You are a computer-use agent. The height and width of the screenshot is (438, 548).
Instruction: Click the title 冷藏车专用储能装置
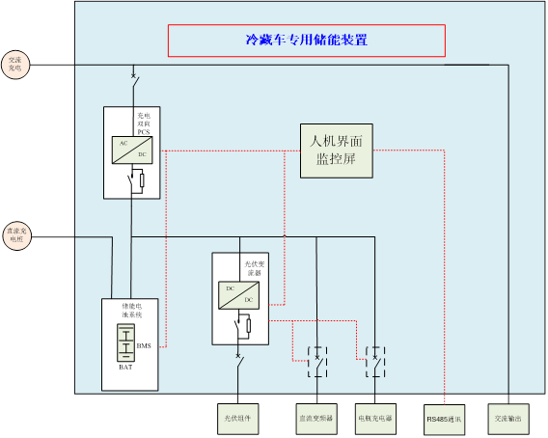[306, 41]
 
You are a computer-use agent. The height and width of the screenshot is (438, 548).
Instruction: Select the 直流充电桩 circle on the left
[17, 234]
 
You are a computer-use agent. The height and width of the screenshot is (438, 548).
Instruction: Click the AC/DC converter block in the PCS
[129, 149]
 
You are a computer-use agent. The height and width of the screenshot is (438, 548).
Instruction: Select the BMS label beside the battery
[144, 346]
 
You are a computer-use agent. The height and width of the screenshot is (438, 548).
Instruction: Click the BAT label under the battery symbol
[126, 368]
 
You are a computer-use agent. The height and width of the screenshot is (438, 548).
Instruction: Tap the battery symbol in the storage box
[126, 342]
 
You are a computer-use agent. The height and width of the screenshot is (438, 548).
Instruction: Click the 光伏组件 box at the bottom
[237, 419]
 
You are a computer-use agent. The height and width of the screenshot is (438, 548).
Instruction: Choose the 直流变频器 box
[315, 419]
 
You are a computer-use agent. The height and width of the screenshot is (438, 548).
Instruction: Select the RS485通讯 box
[444, 419]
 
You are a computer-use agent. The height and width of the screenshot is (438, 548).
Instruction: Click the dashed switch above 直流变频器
[315, 360]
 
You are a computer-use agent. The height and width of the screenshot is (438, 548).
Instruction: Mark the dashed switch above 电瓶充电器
[374, 360]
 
